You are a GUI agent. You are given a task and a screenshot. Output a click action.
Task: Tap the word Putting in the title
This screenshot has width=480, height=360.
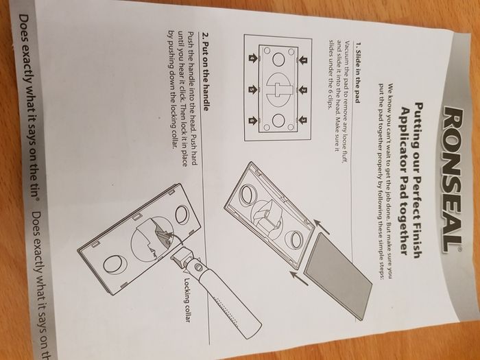tap(418, 125)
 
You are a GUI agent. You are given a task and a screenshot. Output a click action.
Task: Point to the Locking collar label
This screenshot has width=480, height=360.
tap(187, 300)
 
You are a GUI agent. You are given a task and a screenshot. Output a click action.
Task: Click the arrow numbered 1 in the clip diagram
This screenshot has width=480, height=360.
tap(303, 60)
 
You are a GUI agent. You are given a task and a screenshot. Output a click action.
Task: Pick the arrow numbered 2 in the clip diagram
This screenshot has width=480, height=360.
tap(303, 91)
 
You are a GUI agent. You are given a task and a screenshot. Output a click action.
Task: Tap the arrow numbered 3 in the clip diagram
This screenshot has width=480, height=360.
tap(303, 120)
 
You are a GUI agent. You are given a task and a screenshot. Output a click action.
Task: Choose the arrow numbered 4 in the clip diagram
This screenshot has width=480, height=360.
tap(252, 58)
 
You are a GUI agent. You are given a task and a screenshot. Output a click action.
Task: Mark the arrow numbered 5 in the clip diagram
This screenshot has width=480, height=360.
tap(252, 90)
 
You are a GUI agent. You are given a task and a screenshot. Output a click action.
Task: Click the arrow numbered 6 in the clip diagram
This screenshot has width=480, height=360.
tap(252, 121)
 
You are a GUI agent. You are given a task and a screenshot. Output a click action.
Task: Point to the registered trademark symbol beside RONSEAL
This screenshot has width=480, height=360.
tap(459, 250)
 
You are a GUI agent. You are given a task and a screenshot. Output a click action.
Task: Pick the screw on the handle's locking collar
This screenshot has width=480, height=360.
tap(199, 267)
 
